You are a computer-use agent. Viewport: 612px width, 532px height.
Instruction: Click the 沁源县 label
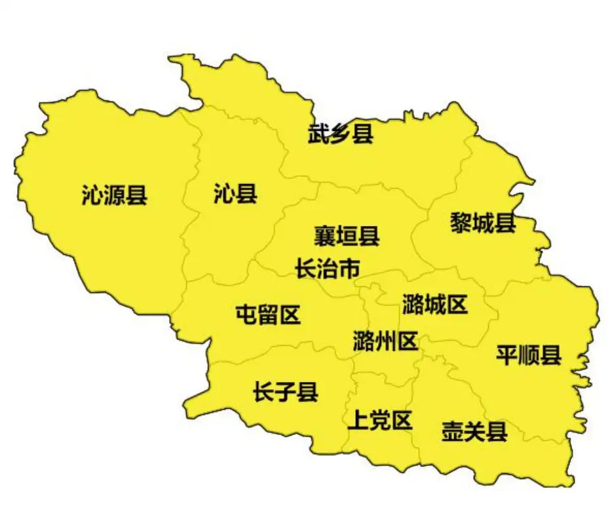(115, 195)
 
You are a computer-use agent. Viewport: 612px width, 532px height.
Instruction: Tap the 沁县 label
(235, 194)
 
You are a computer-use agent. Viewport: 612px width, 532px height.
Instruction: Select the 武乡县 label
(341, 135)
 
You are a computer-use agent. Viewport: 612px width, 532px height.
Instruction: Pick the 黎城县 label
(483, 223)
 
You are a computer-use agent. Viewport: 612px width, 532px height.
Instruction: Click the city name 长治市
(328, 269)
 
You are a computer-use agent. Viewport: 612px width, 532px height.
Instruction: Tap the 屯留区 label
(268, 315)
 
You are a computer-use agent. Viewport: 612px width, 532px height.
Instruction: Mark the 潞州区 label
(385, 341)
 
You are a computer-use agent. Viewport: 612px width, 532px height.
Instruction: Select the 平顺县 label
(528, 356)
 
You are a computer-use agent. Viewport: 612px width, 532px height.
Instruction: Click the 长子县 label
(286, 392)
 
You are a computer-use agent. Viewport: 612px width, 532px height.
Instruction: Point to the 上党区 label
(380, 420)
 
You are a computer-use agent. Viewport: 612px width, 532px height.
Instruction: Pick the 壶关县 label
(474, 432)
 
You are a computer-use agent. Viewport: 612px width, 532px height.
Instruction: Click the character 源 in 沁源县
(115, 195)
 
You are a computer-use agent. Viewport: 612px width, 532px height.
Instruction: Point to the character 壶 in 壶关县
(453, 432)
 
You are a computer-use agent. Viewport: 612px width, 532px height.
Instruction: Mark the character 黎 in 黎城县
(461, 223)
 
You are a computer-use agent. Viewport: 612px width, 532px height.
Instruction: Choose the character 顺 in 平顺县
(528, 356)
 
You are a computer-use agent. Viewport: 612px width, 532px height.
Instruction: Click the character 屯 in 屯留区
(246, 315)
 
